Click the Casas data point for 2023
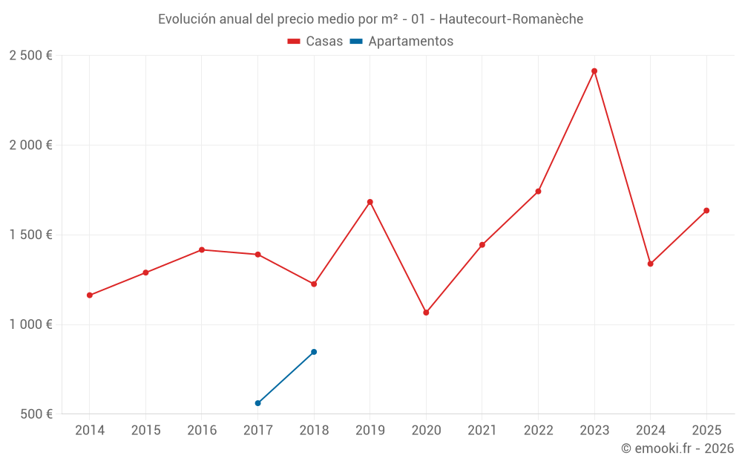pos(594,71)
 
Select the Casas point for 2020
pos(426,313)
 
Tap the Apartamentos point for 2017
pos(257,403)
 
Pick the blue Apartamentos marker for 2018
pos(314,352)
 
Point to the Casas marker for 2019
pos(370,202)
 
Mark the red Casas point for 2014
pos(90,295)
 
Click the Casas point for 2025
pos(706,211)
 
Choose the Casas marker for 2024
pos(651,264)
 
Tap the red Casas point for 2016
pos(202,249)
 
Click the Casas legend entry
pos(315,42)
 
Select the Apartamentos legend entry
pos(401,42)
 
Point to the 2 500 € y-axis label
pos(30,56)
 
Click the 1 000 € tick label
pos(30,324)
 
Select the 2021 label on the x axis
pos(482,431)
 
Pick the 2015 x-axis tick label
pos(145,431)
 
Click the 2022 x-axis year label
pos(538,431)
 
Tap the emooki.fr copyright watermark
pos(677,448)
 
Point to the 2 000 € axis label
pos(30,146)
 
